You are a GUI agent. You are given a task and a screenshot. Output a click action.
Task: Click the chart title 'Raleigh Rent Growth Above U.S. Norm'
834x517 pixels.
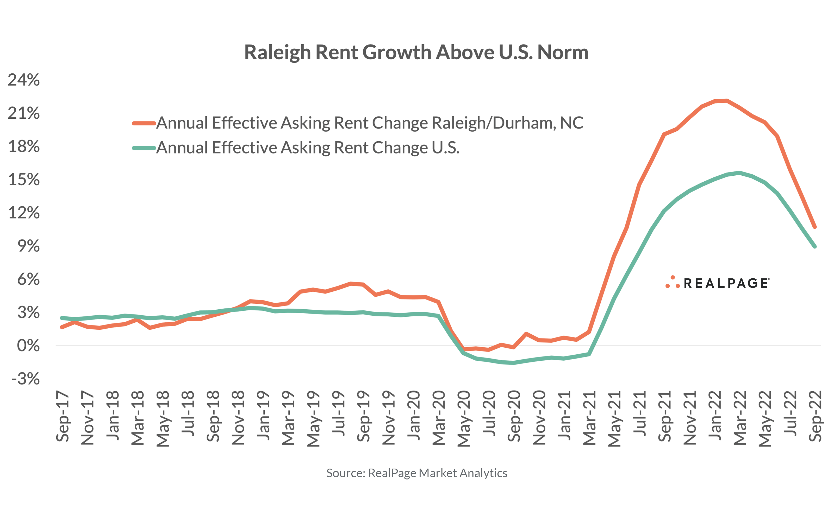(416, 52)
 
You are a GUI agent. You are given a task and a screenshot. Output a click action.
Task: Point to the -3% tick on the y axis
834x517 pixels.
(25, 379)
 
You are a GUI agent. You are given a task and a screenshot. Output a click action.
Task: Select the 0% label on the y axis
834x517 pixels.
(28, 346)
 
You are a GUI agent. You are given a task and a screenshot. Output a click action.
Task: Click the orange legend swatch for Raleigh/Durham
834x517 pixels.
(144, 123)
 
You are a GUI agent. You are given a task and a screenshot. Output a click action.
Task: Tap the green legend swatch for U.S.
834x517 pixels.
(144, 148)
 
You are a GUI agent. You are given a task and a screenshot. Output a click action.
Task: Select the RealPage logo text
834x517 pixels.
(726, 283)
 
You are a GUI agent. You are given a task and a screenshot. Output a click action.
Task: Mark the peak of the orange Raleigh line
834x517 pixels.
(726, 100)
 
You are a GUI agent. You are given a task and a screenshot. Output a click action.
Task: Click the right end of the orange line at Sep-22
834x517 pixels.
(814, 226)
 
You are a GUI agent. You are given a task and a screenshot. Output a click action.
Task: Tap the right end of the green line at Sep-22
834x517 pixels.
(814, 246)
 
